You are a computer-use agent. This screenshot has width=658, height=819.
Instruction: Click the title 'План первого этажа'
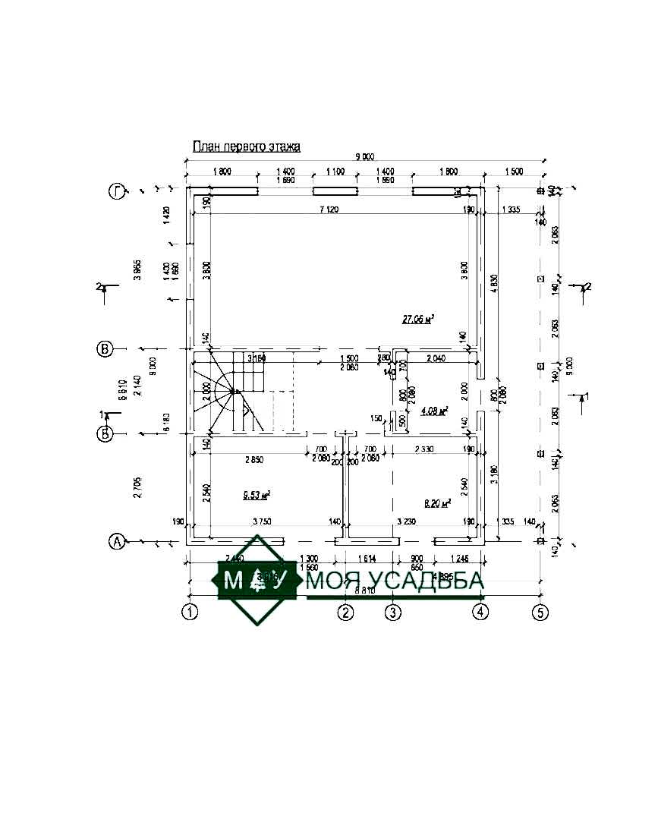click(247, 146)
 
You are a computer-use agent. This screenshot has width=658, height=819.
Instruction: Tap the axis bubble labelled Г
click(116, 192)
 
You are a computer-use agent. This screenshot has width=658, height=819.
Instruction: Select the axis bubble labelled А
click(116, 541)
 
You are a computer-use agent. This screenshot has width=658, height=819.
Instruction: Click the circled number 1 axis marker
click(190, 611)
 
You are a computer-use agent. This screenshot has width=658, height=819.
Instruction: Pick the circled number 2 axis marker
click(346, 611)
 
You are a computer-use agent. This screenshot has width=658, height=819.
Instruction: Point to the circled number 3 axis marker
click(392, 611)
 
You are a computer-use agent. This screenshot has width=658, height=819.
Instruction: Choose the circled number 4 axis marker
click(480, 611)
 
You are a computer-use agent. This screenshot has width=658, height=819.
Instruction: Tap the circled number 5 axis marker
click(540, 611)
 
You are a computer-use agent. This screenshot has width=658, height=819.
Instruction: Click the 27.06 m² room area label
click(417, 320)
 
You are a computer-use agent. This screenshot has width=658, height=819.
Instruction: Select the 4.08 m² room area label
click(434, 411)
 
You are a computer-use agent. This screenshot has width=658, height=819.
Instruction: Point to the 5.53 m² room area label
click(257, 495)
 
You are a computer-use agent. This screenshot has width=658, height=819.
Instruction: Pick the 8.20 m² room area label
click(436, 502)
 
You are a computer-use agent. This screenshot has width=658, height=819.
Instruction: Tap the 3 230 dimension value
click(408, 521)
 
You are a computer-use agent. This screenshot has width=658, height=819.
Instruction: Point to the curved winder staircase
click(228, 395)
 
